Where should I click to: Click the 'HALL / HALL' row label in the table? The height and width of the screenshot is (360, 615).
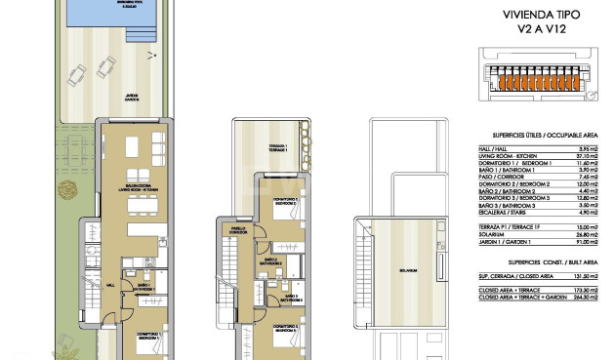click(494, 148)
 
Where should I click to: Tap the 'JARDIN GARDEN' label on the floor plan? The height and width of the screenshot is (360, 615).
click(131, 98)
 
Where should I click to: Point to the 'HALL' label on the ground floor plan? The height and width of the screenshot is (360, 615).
click(110, 285)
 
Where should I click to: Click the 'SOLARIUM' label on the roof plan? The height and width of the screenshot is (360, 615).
click(408, 270)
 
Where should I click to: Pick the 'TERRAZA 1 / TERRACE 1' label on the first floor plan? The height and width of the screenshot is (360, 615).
click(278, 148)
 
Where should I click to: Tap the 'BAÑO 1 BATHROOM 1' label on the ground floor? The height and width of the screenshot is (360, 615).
click(143, 289)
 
